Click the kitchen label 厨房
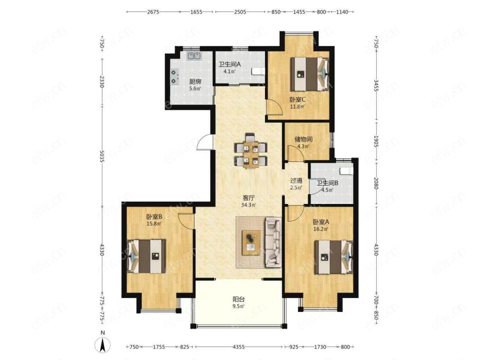[195, 82]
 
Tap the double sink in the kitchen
[194, 56]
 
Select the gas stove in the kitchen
[174, 77]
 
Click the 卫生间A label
[229, 65]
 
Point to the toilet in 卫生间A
[258, 72]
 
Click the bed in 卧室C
[310, 74]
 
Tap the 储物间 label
[303, 139]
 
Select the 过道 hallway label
[296, 180]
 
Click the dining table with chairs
[251, 150]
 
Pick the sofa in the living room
[273, 241]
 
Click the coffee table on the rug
[251, 242]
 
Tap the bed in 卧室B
[146, 256]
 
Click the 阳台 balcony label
[239, 299]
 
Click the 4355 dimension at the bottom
[239, 347]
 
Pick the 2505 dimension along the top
[240, 12]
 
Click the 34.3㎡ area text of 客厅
[248, 205]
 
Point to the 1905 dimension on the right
[376, 142]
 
